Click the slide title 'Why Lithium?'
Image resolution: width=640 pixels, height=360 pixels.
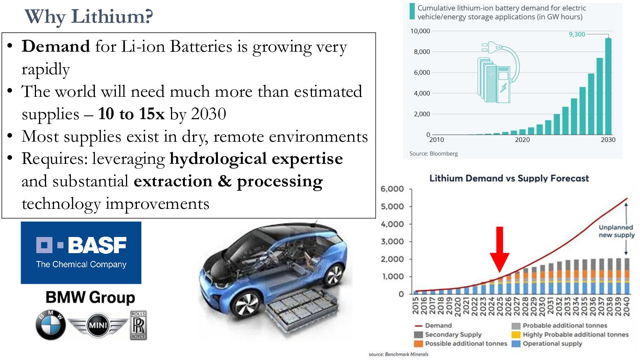(89, 17)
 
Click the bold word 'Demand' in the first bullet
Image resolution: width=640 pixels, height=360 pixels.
(56, 46)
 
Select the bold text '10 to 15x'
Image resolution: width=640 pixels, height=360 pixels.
(131, 114)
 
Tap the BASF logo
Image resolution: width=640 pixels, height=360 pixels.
(81, 252)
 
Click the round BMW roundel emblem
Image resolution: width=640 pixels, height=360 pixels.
(51, 325)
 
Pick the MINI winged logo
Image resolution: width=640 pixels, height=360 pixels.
(98, 325)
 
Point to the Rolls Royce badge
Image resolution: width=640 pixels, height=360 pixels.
(138, 325)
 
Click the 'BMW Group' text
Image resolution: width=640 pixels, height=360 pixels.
(90, 297)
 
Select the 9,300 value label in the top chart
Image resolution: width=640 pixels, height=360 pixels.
(577, 34)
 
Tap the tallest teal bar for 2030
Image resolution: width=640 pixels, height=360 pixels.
(608, 86)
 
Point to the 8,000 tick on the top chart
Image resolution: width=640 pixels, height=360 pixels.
(422, 52)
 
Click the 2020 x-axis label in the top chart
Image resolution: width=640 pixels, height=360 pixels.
(522, 140)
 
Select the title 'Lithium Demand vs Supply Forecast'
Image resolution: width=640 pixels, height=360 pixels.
(509, 178)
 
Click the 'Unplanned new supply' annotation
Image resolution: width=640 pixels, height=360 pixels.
(616, 231)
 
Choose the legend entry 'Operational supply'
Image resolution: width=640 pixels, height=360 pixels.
(552, 343)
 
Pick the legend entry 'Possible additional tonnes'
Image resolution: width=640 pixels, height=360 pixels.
(466, 343)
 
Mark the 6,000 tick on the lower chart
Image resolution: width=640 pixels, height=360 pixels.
(392, 189)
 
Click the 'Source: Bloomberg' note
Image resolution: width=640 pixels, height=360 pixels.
(433, 153)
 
